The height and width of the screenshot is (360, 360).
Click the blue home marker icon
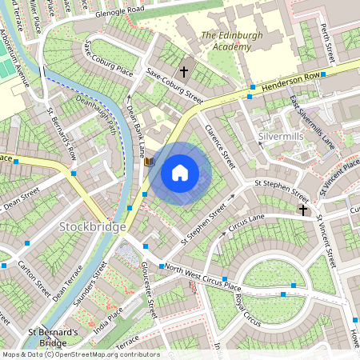coord(180,172)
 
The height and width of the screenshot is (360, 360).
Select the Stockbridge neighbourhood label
coord(92,228)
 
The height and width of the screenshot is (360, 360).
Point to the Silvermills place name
coord(282,138)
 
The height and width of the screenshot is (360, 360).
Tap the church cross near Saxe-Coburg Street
coord(184,72)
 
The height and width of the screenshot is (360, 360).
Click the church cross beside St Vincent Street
coord(302,210)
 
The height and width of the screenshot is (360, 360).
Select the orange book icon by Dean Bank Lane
coord(149,161)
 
